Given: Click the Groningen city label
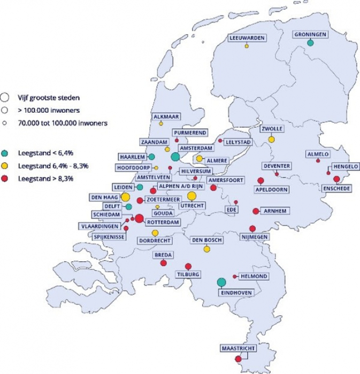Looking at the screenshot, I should [x=310, y=35].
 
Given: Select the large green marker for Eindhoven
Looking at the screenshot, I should [x=221, y=282].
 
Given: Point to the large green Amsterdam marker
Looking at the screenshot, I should [x=175, y=157].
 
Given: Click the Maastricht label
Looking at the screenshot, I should [x=238, y=349].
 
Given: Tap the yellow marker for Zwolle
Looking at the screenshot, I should [x=271, y=139].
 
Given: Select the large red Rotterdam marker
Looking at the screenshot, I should [x=139, y=218].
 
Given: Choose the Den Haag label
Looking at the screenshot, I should [x=104, y=198].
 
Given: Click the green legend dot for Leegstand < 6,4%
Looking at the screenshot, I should [x=5, y=152].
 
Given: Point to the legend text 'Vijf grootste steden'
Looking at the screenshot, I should [x=49, y=98].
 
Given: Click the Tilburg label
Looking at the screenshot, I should [x=188, y=275].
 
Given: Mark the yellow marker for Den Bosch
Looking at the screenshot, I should [x=206, y=249].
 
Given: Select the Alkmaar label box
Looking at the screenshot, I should [x=166, y=115].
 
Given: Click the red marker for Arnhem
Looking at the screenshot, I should [x=256, y=211].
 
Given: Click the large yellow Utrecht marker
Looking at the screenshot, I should [x=192, y=196].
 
